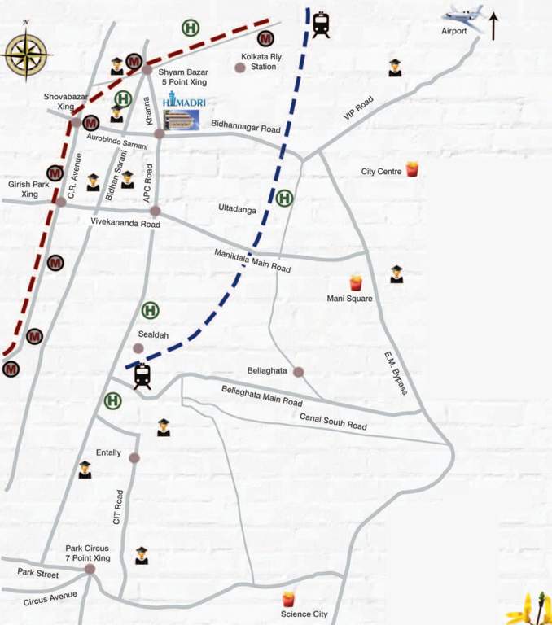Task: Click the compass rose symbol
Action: [28, 54]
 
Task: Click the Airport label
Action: [454, 32]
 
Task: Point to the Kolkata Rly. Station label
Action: [254, 62]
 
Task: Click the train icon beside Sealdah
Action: [142, 375]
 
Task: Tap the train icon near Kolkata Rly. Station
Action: [321, 24]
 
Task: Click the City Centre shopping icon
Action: [411, 169]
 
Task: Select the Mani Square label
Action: [349, 299]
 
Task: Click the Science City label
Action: [304, 614]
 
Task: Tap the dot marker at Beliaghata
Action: [299, 372]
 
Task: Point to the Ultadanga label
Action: [237, 209]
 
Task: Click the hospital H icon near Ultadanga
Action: [284, 198]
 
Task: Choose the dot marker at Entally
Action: [134, 458]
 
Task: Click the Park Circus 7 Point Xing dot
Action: [90, 570]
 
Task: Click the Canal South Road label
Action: [334, 421]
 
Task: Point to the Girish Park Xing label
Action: [24, 190]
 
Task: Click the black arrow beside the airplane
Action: [493, 25]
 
